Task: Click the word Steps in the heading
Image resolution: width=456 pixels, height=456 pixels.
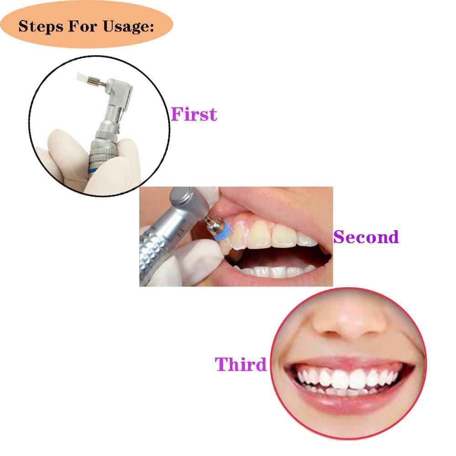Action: (41, 27)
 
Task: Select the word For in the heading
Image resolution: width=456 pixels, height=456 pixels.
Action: (83, 26)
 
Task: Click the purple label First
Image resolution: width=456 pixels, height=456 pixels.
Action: (194, 114)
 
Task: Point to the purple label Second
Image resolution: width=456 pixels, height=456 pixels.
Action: (366, 237)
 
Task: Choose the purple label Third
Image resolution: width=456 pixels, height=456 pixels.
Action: (240, 364)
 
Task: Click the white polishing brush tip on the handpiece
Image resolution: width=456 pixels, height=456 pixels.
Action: (82, 78)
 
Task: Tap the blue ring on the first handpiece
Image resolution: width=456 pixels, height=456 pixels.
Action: (93, 170)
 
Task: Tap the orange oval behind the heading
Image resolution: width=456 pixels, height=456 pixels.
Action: (86, 24)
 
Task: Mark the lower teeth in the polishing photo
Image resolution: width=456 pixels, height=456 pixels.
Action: (276, 271)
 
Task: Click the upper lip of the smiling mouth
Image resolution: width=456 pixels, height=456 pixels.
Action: (349, 363)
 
